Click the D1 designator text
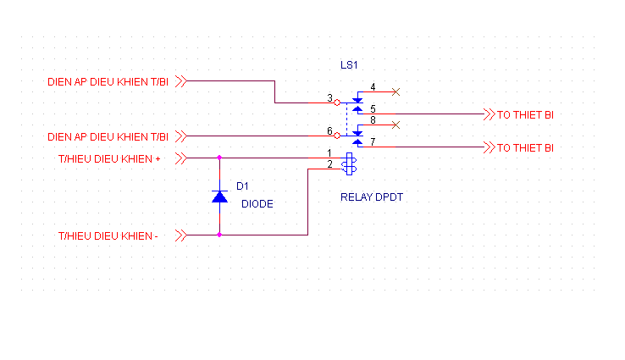click(x=242, y=186)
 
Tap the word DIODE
click(x=257, y=203)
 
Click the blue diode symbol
click(x=219, y=197)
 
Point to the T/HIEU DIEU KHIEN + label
click(x=108, y=158)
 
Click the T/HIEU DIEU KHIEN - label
click(x=108, y=235)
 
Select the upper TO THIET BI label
click(x=525, y=114)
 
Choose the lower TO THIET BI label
click(x=525, y=148)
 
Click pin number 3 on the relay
click(x=329, y=98)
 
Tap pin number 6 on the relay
click(x=329, y=130)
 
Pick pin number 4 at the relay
click(x=373, y=87)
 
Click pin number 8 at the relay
click(x=373, y=121)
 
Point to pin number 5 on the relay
click(x=373, y=108)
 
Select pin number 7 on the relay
click(x=373, y=142)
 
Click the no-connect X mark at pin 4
click(x=396, y=91)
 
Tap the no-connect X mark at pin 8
click(x=396, y=125)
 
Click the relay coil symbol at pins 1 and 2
click(x=349, y=163)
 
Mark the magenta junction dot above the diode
click(x=219, y=158)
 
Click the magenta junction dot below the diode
click(x=219, y=235)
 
